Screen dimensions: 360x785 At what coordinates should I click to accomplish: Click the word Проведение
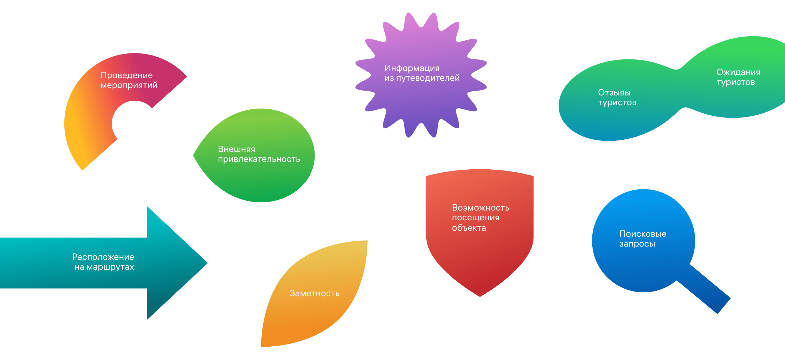(126, 75)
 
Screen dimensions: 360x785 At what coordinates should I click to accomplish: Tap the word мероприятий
(129, 85)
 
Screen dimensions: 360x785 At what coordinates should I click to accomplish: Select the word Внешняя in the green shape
(237, 149)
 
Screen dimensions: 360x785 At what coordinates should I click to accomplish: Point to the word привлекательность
(259, 159)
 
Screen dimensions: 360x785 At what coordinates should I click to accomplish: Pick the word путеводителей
(428, 78)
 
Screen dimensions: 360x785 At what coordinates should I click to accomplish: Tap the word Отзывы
(614, 92)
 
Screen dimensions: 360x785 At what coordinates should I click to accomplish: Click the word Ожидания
(738, 72)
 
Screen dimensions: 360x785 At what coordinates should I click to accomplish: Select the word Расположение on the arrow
(103, 257)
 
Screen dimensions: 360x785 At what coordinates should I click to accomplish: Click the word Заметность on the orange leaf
(314, 293)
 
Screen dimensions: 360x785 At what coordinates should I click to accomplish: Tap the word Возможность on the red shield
(480, 208)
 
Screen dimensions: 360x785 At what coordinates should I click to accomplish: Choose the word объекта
(469, 228)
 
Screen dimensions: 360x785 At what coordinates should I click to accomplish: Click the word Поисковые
(643, 234)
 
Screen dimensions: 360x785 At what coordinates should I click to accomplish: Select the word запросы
(637, 244)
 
